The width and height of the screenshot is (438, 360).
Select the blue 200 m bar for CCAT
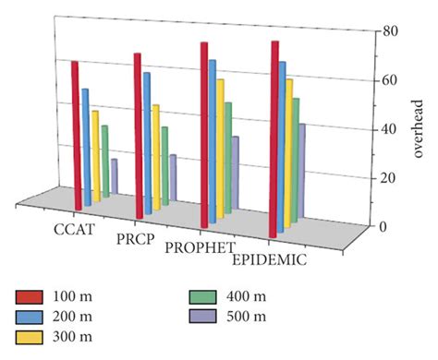(x=87, y=148)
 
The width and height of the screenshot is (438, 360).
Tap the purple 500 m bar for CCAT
(x=115, y=175)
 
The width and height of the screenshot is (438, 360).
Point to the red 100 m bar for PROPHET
(x=204, y=135)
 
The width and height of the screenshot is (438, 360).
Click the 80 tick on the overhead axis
(x=391, y=31)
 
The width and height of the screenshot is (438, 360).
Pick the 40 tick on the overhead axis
(x=391, y=128)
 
